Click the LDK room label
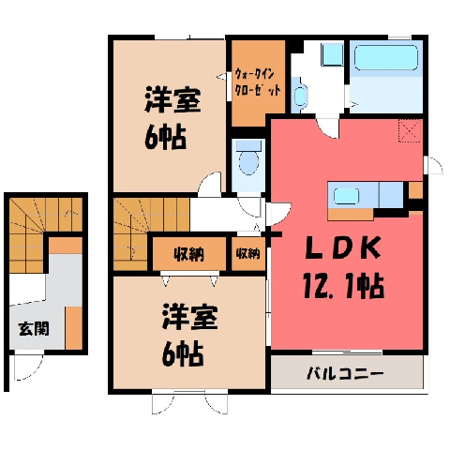tap(343, 248)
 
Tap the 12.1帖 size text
tap(343, 286)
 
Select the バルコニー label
tap(345, 373)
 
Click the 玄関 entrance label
tap(34, 329)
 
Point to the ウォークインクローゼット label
tap(258, 82)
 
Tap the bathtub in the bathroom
tap(386, 58)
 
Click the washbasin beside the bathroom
tap(300, 95)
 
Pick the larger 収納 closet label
tap(189, 254)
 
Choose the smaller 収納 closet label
tap(248, 253)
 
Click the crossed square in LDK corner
tap(410, 130)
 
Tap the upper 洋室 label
tap(172, 100)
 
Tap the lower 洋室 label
tap(189, 317)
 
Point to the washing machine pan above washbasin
tap(332, 54)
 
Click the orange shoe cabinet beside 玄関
tap(74, 328)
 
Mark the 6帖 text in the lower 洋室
tap(183, 354)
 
